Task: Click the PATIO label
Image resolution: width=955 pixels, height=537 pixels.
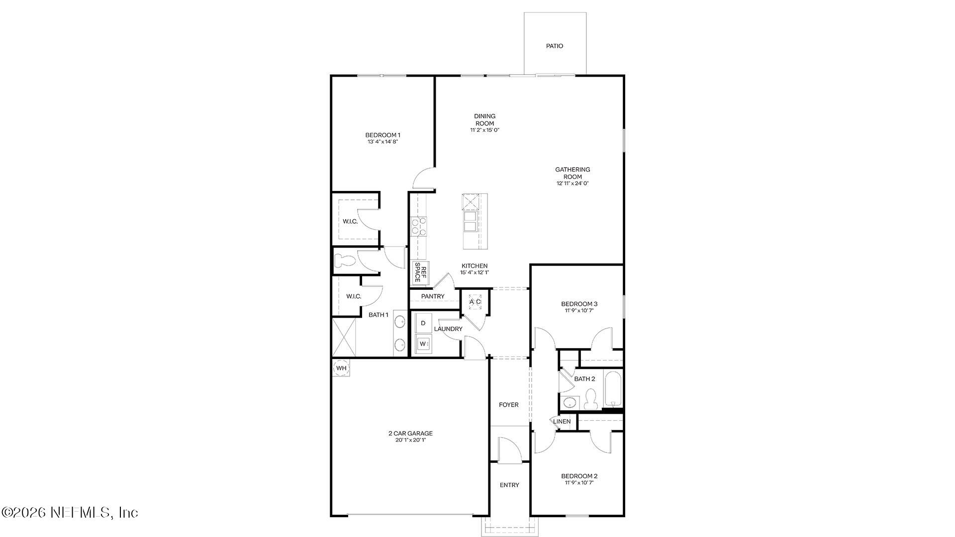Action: pos(555,46)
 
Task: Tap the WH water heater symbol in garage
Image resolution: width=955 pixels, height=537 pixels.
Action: pos(341,368)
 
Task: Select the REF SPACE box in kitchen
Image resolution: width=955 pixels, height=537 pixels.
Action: pos(420,273)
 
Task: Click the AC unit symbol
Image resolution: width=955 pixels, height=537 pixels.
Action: pos(475,302)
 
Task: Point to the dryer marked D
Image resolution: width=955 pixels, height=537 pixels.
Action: pos(423,323)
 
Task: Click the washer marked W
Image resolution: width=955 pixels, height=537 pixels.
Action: pos(423,344)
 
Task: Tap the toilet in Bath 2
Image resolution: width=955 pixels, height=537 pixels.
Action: pos(591,399)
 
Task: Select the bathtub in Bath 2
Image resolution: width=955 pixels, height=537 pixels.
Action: pos(613,389)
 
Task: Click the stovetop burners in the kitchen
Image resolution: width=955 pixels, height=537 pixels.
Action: pos(419,226)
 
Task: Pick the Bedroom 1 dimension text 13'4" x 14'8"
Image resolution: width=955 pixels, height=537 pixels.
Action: pos(382,142)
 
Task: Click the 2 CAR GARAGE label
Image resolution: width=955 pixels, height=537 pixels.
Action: pos(410,433)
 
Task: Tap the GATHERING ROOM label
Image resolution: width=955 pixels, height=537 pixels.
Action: pos(573,173)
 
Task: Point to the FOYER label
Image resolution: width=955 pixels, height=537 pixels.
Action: pos(508,405)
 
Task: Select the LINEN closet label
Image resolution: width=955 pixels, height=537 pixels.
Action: pos(562,422)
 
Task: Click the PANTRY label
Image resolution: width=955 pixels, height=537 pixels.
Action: pos(433,296)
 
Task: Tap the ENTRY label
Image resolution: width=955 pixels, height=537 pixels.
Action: pos(509,485)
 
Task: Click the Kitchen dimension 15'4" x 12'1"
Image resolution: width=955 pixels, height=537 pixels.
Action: pos(475,272)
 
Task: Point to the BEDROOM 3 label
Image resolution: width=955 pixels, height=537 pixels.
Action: pos(579,304)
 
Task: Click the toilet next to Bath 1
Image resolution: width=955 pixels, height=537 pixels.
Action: pos(344,261)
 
